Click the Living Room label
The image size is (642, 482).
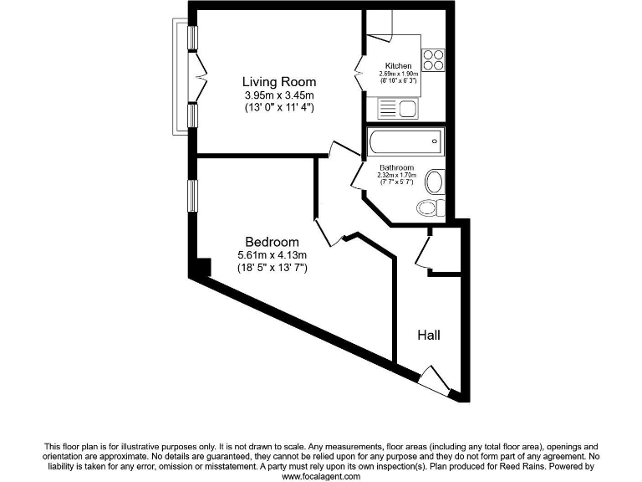(279, 82)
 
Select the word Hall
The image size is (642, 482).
(428, 336)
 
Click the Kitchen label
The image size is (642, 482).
(398, 65)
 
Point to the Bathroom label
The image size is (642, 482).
(396, 167)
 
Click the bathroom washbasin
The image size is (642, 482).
(435, 181)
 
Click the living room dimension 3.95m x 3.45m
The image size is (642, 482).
(279, 95)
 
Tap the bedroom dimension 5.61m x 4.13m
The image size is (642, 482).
(273, 255)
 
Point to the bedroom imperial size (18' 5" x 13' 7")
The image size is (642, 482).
(273, 268)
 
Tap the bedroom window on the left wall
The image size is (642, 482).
(191, 196)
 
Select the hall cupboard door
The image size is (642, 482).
(424, 249)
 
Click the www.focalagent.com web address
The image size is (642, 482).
(320, 476)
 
